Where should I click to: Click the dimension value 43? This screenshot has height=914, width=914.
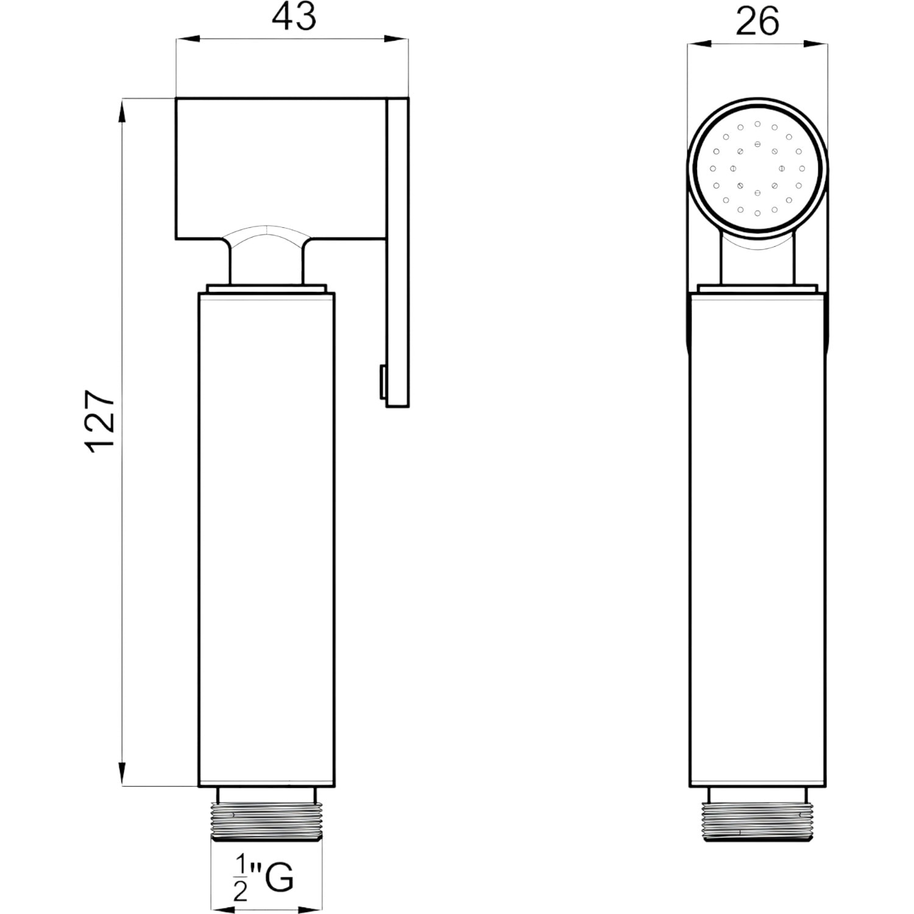point(294,18)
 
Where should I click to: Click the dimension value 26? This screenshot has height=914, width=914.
point(757,22)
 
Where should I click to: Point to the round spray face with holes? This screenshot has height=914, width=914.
point(757,168)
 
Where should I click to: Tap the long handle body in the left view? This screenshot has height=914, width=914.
point(266,540)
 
